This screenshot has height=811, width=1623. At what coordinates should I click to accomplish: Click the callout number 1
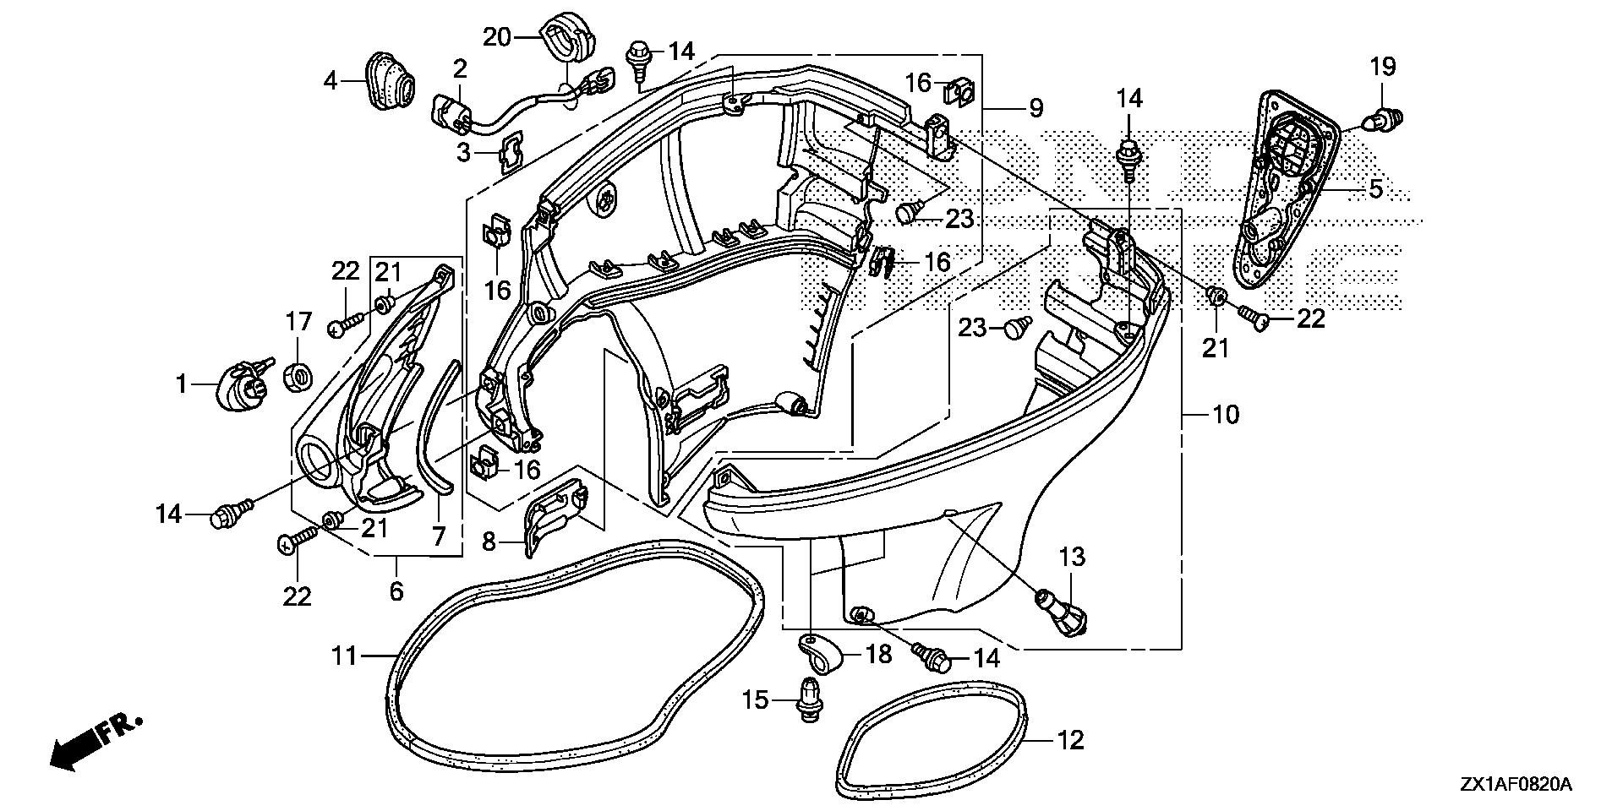pyautogui.click(x=180, y=385)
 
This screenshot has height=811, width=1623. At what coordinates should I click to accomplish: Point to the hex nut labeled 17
pyautogui.click(x=298, y=377)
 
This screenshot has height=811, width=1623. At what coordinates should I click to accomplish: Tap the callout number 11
pyautogui.click(x=344, y=655)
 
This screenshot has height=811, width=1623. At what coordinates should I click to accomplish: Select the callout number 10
pyautogui.click(x=1225, y=415)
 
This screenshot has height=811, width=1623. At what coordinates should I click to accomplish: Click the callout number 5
pyautogui.click(x=1376, y=189)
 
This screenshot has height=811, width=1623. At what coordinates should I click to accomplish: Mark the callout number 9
pyautogui.click(x=1036, y=108)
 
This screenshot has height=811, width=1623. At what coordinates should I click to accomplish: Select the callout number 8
pyautogui.click(x=489, y=541)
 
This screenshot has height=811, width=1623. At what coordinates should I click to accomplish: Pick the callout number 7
pyautogui.click(x=439, y=537)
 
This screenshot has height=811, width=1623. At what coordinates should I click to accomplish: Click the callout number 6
pyautogui.click(x=396, y=591)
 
